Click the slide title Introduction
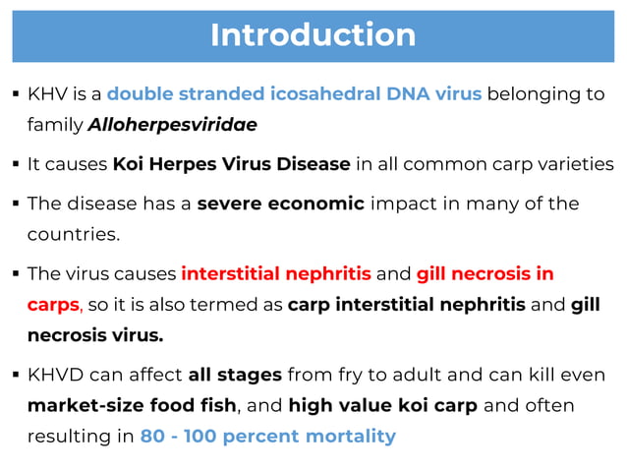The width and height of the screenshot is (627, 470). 313,34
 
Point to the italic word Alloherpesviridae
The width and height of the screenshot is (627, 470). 172,125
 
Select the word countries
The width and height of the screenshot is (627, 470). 73,236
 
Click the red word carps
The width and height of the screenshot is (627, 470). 51,305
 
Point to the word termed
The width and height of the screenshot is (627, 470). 243,305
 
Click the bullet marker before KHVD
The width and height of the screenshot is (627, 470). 18,375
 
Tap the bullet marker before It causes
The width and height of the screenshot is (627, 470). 18,163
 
